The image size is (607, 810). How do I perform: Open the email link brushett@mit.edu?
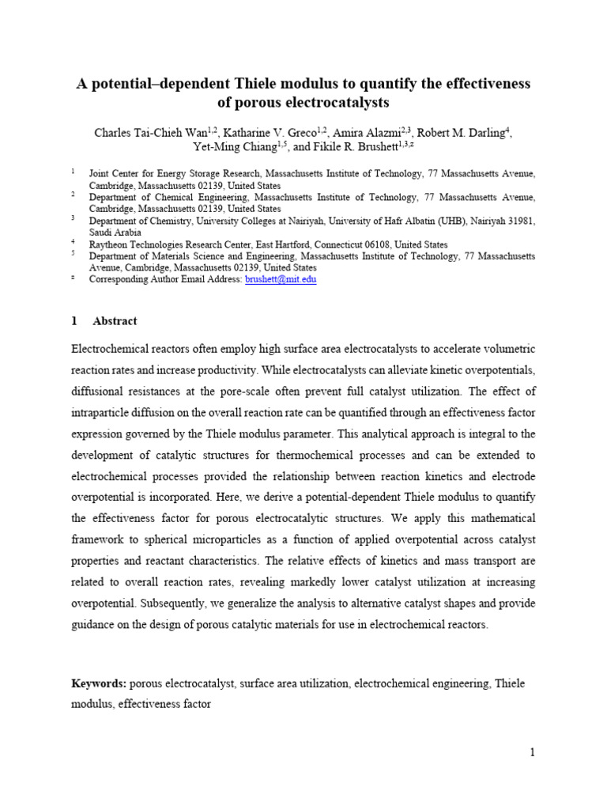(281, 279)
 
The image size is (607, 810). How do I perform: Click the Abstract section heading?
(115, 321)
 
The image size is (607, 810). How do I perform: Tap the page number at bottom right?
(533, 752)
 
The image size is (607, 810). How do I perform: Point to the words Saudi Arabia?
(115, 233)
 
